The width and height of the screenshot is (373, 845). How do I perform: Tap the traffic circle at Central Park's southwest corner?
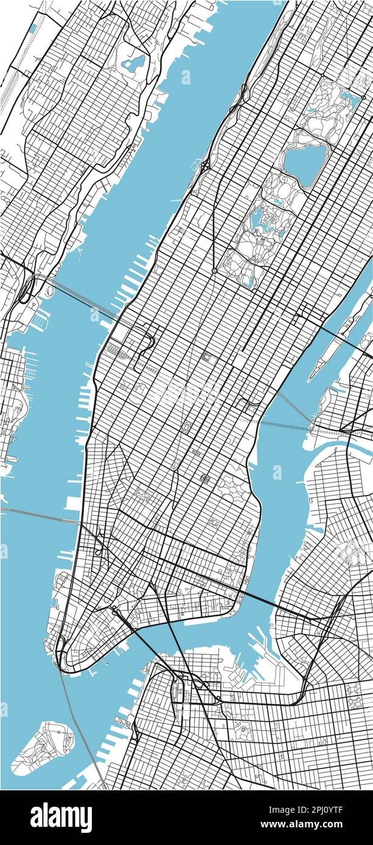coord(214,271)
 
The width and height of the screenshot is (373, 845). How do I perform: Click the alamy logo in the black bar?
coord(61,817)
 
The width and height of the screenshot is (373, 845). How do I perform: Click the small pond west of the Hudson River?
coord(133,62)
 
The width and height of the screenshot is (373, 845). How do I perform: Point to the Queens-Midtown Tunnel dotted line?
coord(286,422)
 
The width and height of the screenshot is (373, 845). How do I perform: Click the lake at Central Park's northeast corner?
coord(349,97)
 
